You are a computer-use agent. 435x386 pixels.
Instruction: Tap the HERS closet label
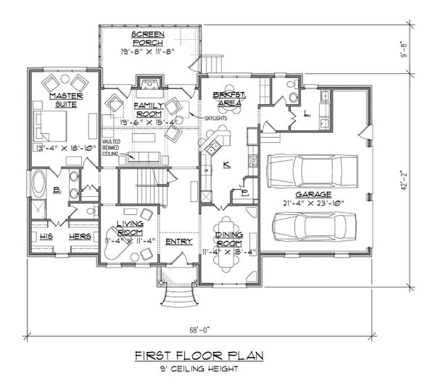point(77,236)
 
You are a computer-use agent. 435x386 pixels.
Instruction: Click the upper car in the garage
point(313,172)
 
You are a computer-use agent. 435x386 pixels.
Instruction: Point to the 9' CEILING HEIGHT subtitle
point(199,369)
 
